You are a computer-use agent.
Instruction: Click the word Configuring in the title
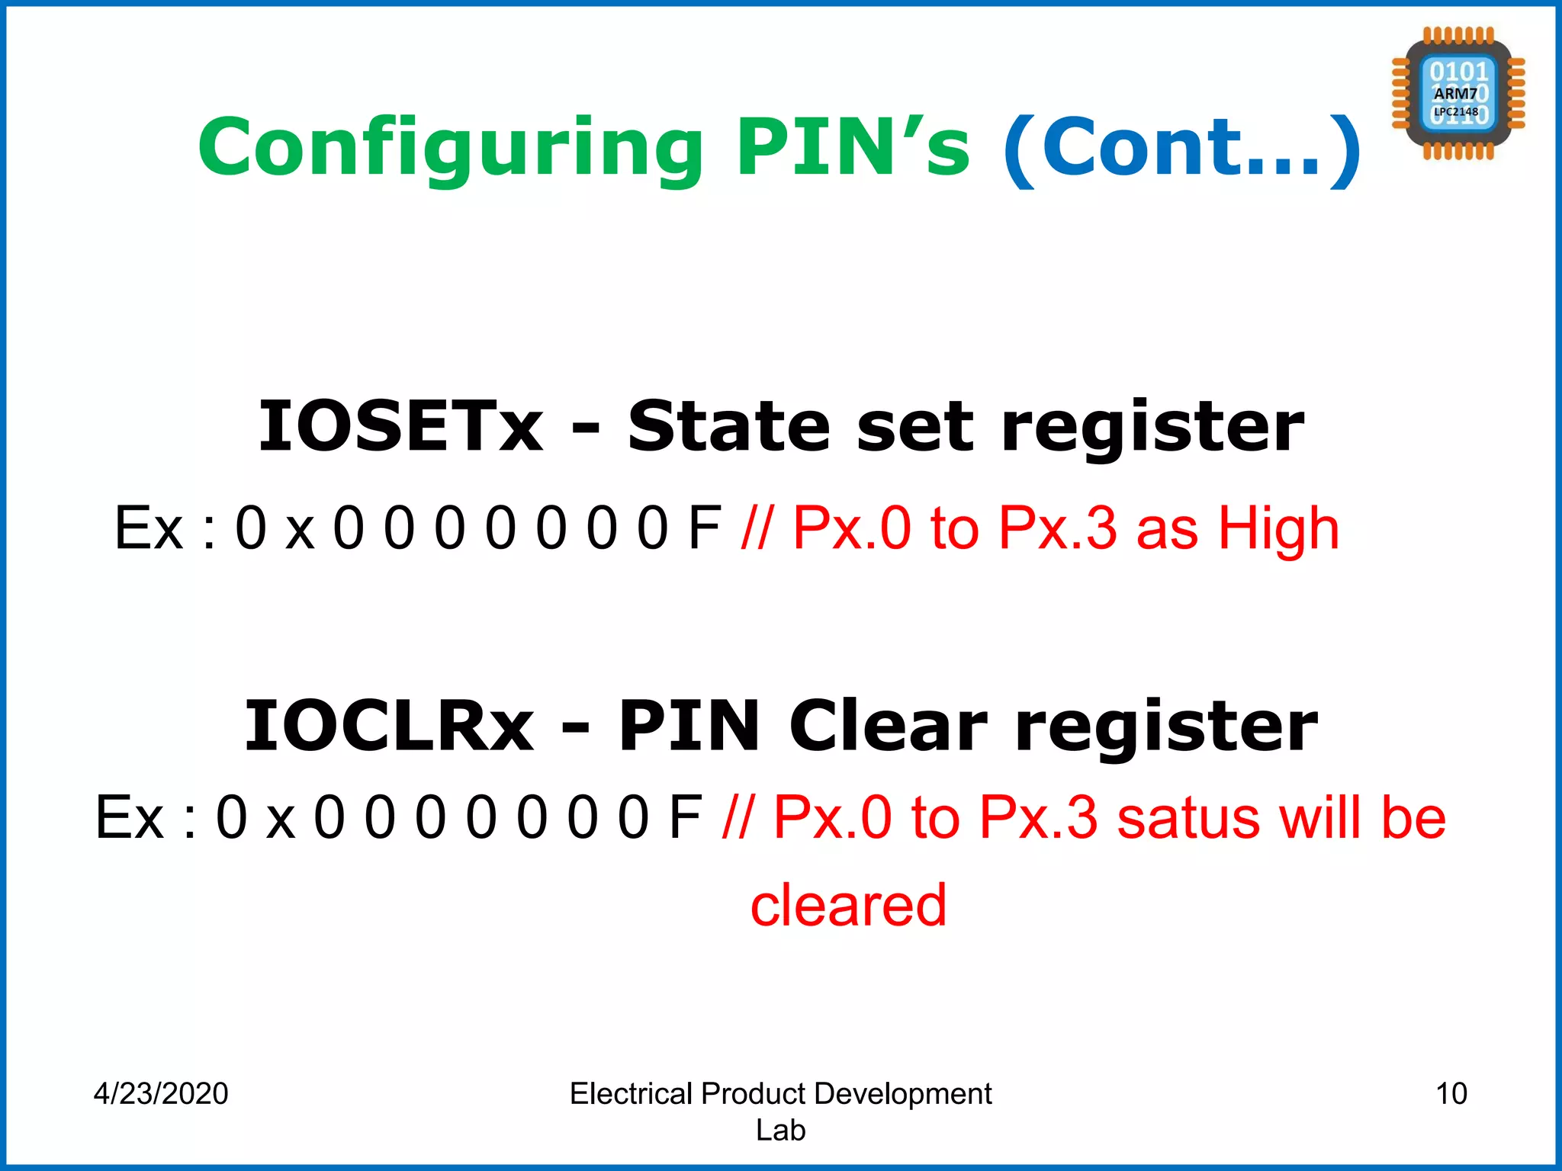click(450, 147)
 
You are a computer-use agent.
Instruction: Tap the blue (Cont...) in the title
click(1181, 147)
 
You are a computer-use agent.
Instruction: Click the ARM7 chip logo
click(1458, 94)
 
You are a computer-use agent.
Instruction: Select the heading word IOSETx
click(400, 427)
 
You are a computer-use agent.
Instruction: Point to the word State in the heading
click(728, 427)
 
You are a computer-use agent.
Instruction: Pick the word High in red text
click(1278, 528)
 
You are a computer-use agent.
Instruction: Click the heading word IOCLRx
click(389, 727)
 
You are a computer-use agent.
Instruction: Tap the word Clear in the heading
click(888, 727)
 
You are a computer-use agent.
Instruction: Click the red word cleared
click(848, 906)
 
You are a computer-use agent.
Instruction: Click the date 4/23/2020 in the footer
click(161, 1093)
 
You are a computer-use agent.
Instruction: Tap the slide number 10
click(1451, 1093)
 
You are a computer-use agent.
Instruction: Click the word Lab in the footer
click(780, 1130)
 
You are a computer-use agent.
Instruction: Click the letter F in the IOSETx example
click(704, 528)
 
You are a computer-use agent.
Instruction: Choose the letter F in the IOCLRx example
click(685, 817)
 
